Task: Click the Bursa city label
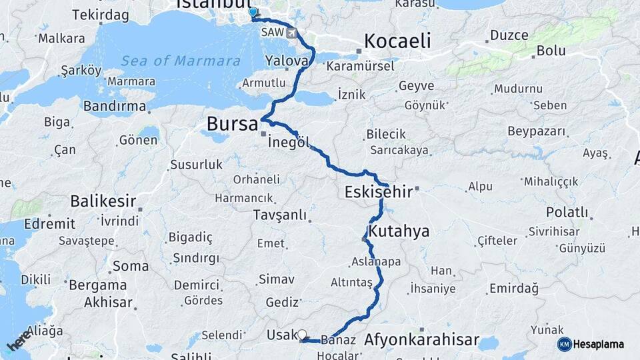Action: (232, 124)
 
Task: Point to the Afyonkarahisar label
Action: (421, 340)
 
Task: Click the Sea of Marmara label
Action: (181, 61)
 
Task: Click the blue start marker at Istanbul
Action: (252, 12)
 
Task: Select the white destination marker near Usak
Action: (302, 335)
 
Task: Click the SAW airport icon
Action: (292, 33)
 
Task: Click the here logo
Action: (19, 340)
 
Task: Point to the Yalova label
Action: (287, 61)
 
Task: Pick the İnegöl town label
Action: (289, 143)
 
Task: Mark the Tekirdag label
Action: (100, 15)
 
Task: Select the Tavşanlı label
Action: (280, 215)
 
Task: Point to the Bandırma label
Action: (115, 107)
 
